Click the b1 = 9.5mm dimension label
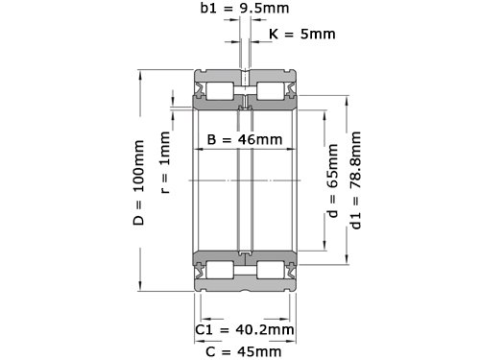[x=245, y=8]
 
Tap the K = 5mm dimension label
[x=302, y=34]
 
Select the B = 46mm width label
[x=245, y=139]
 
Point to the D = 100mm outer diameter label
[x=139, y=182]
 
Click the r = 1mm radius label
[x=165, y=162]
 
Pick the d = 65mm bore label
[x=332, y=180]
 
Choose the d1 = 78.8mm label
[x=356, y=180]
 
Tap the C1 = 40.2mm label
[x=245, y=329]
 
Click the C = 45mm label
[x=244, y=352]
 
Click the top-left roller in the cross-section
[x=220, y=91]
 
